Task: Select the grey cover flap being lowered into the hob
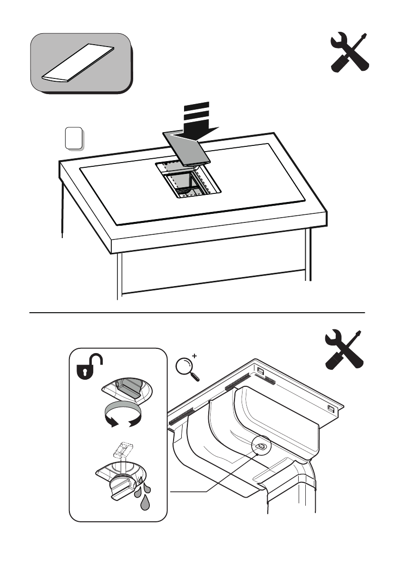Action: (187, 148)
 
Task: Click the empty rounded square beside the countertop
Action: (73, 137)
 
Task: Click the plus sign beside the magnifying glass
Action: (194, 356)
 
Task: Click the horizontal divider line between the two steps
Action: (197, 313)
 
